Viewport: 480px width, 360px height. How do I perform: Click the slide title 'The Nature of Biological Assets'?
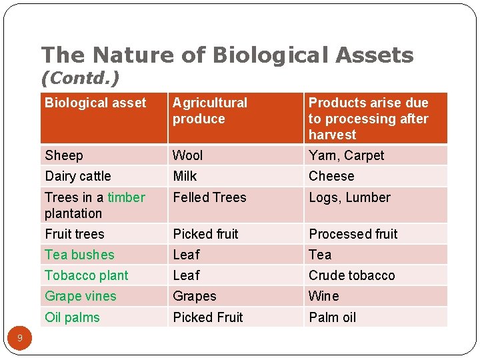coord(227,55)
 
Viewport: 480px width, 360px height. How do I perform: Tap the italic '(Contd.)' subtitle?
coord(80,79)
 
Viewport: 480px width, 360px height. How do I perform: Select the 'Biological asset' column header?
coord(95,103)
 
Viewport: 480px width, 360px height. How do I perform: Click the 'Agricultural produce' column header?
coord(209,111)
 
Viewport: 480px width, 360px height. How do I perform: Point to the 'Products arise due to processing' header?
coord(368,119)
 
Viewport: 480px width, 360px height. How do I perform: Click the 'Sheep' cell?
coord(64,155)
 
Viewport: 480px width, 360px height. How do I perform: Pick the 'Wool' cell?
coord(187,155)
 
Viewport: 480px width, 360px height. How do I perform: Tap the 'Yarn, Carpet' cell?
coord(346,155)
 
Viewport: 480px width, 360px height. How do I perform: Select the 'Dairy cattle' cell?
coord(77,176)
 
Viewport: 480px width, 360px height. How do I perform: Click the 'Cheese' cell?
coord(331,176)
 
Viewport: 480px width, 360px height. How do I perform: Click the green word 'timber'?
coord(126,197)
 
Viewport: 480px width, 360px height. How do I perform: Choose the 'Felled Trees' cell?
coord(209,197)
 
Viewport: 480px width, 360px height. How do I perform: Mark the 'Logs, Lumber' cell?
coord(349,197)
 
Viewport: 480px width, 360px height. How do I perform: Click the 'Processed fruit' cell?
coord(353,234)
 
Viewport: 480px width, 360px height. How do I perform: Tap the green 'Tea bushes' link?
coord(79,255)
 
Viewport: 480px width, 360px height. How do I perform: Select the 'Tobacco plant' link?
coord(87,275)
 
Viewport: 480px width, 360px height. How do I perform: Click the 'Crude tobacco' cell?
coord(351,275)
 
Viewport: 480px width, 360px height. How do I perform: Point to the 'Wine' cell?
coord(323,296)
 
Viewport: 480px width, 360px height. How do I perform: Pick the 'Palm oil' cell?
coord(332,317)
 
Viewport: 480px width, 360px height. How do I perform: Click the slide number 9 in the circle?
coord(20,339)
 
